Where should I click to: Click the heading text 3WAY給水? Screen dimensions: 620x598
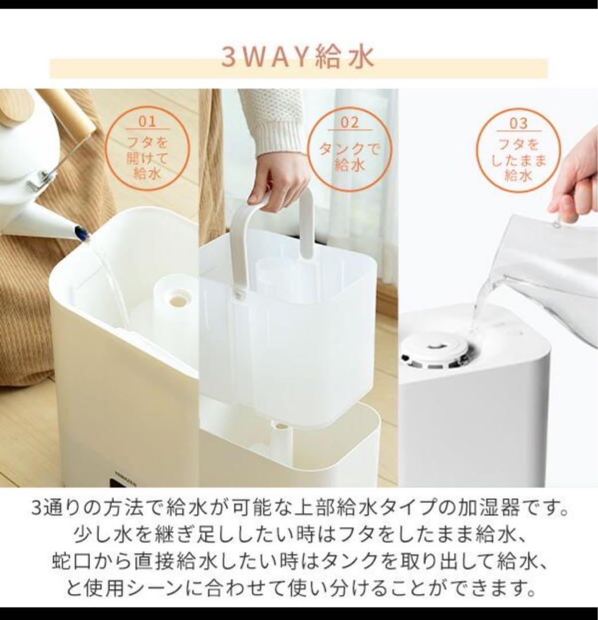pyautogui.click(x=298, y=58)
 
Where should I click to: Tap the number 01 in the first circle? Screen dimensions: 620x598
pyautogui.click(x=147, y=122)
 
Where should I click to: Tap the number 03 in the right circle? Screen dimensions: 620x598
pyautogui.click(x=518, y=123)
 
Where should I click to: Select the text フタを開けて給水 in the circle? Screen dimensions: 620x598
pyautogui.click(x=147, y=157)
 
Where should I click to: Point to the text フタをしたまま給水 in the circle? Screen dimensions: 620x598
pyautogui.click(x=518, y=160)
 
